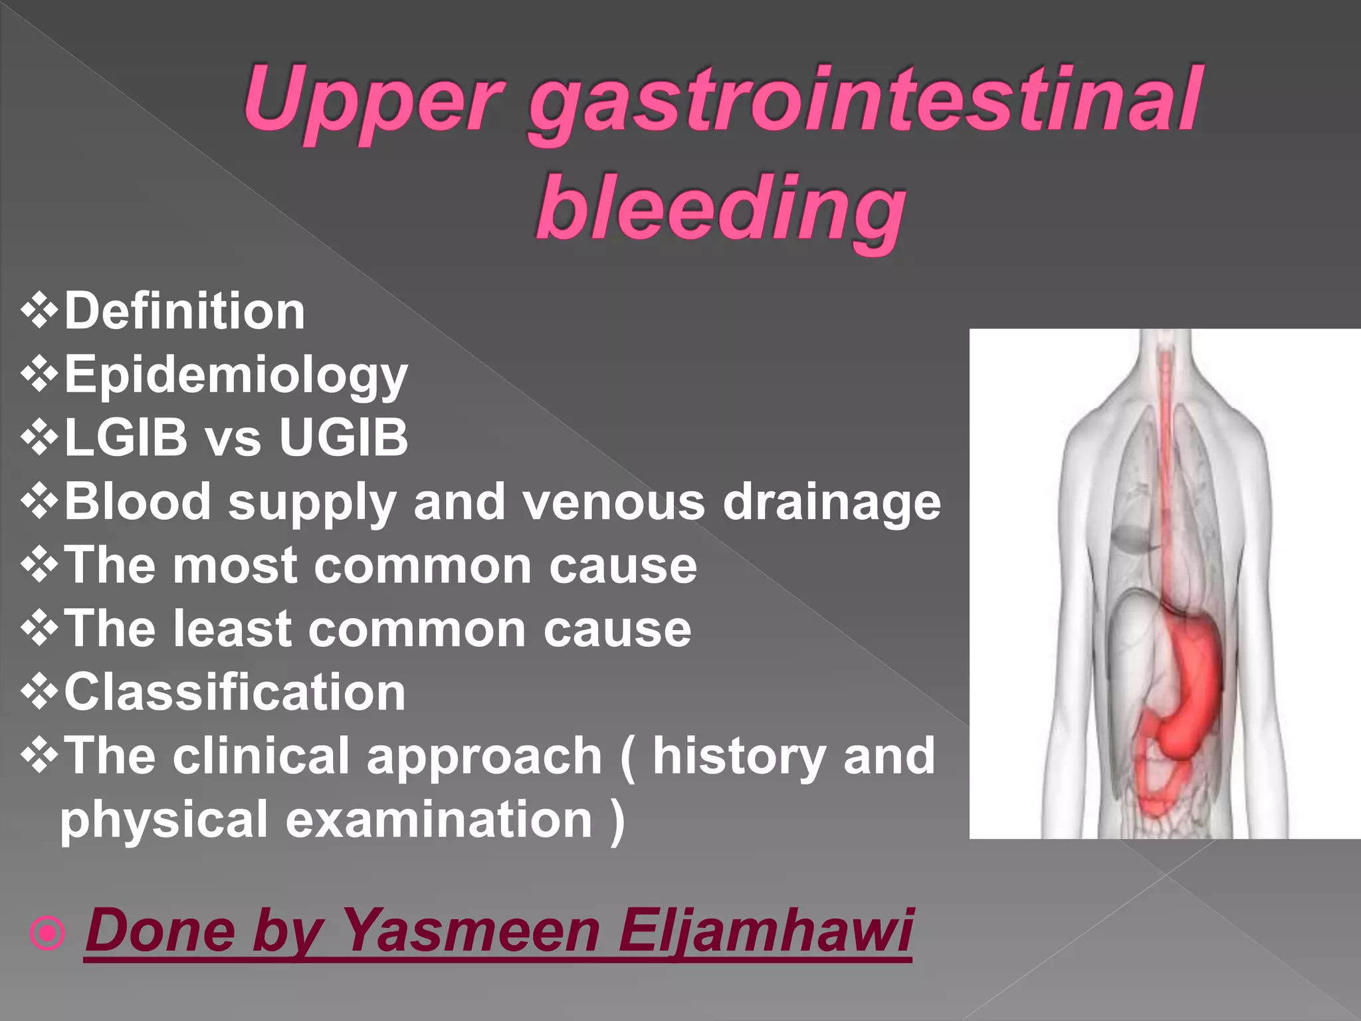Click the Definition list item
pyautogui.click(x=185, y=311)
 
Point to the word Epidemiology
pyautogui.click(x=236, y=375)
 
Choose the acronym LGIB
pyautogui.click(x=126, y=437)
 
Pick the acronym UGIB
pyautogui.click(x=343, y=437)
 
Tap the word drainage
pyautogui.click(x=831, y=501)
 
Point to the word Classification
pyautogui.click(x=235, y=692)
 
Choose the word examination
pyautogui.click(x=439, y=819)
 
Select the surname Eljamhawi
pyautogui.click(x=765, y=931)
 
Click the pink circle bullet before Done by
pyautogui.click(x=48, y=933)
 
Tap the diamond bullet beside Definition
pyautogui.click(x=40, y=311)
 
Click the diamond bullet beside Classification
pyautogui.click(x=40, y=692)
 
